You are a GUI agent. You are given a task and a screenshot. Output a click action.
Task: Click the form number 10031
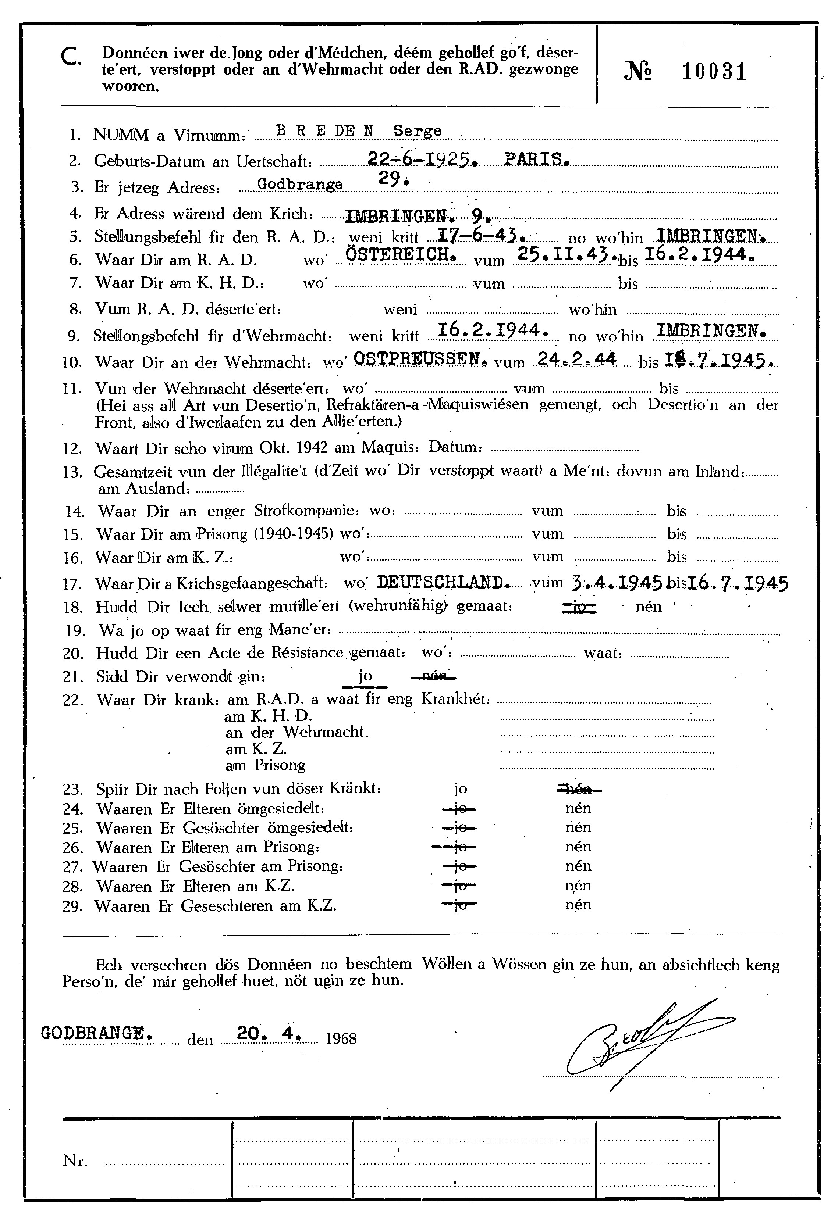click(714, 71)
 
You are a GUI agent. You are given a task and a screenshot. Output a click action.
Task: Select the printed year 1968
click(341, 1038)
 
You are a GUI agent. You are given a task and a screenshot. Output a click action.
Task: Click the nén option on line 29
click(578, 905)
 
